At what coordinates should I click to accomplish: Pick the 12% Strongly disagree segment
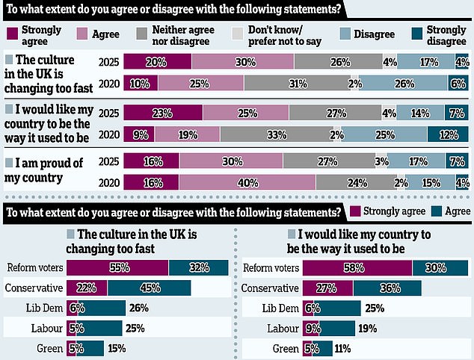pyautogui.click(x=448, y=134)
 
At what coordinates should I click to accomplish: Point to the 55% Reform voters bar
pyautogui.click(x=117, y=267)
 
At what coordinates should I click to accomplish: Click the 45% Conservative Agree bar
pyautogui.click(x=149, y=288)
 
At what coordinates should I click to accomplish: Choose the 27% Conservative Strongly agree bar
pyautogui.click(x=327, y=288)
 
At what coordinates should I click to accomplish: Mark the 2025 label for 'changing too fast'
pyautogui.click(x=110, y=63)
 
